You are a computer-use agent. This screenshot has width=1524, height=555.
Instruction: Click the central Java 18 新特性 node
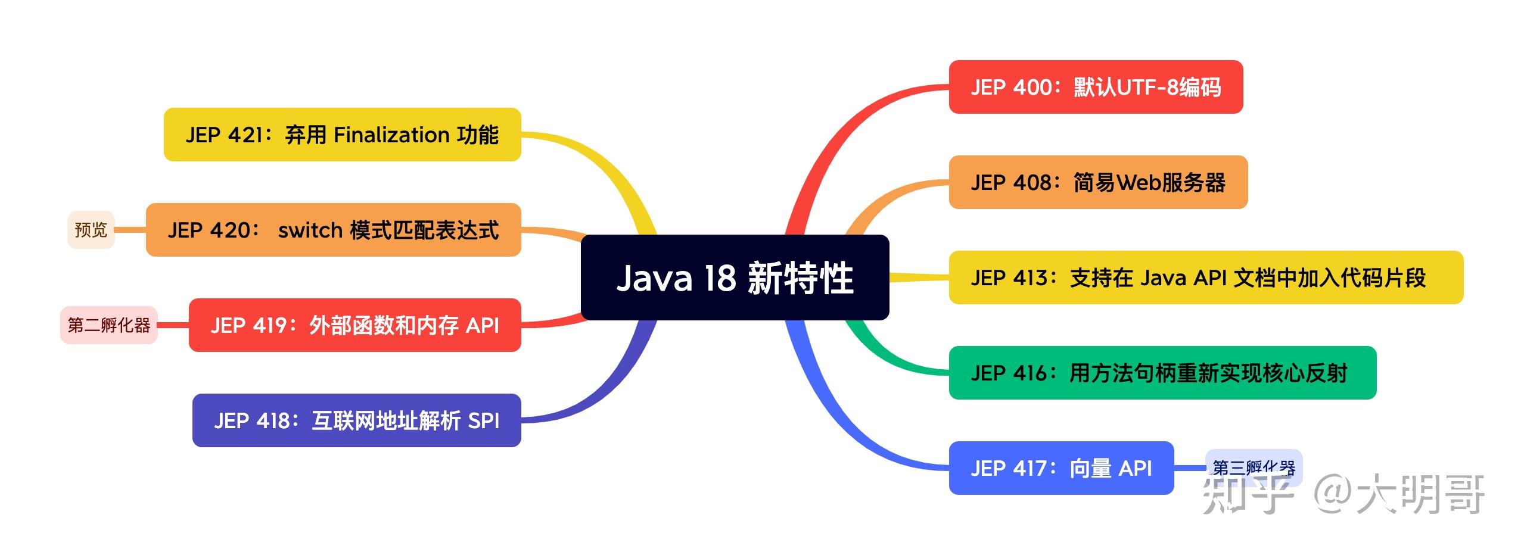735,277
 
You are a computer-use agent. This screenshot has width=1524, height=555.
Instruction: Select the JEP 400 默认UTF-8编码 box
1095,87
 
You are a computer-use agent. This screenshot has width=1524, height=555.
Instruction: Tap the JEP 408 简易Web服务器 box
1097,182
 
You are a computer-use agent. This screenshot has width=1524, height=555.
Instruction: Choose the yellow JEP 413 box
1205,277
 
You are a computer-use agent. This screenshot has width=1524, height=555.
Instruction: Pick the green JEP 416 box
1162,373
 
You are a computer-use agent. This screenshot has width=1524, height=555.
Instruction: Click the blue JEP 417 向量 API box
1060,468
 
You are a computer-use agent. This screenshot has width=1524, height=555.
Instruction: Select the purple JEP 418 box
356,420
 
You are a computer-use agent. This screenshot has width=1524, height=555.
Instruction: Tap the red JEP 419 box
354,325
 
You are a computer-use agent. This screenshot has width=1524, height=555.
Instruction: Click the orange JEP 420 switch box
333,230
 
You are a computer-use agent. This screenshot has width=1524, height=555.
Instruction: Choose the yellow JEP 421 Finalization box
342,135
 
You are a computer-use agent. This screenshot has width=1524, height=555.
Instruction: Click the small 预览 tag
91,230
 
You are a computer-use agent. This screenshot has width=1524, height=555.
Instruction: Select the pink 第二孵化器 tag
109,325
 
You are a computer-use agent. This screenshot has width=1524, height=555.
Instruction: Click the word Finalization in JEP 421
391,135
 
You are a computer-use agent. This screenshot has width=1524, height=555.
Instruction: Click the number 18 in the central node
720,277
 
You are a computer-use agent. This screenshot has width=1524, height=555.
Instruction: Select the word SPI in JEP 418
483,420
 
